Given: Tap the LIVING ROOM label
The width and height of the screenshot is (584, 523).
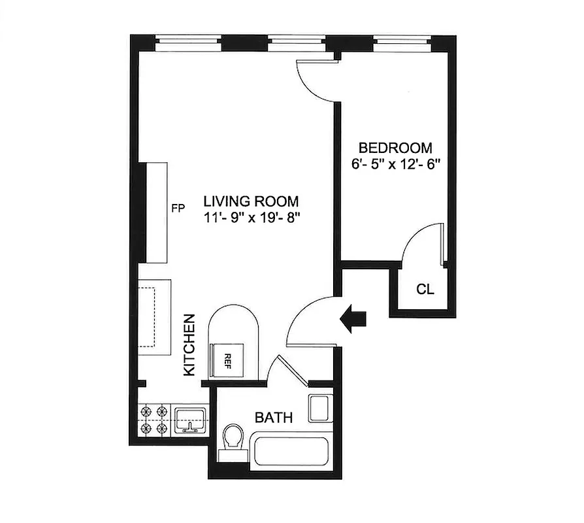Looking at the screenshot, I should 251,201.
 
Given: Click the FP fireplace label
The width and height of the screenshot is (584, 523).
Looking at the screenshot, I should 178,209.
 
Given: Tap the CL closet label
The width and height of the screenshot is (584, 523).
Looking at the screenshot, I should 425,290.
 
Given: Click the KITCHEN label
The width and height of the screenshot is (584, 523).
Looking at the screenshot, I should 189,345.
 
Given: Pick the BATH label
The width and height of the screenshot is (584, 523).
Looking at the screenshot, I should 273,417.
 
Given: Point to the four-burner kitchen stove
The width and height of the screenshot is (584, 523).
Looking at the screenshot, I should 154,420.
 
